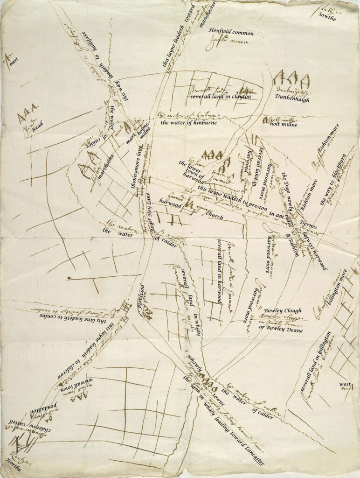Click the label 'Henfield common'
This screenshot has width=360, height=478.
(x=231, y=33)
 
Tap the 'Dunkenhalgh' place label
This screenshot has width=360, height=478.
(x=292, y=100)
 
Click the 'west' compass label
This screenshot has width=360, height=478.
(x=345, y=384)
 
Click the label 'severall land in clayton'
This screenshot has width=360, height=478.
(x=221, y=97)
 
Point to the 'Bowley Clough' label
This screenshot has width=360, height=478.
(x=283, y=310)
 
